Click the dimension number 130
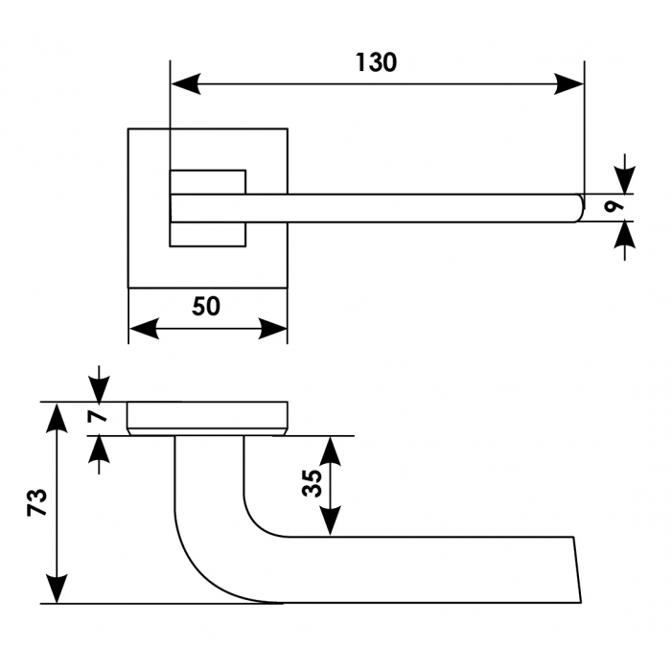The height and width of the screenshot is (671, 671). (x=375, y=63)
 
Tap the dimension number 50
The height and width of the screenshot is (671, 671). (x=206, y=307)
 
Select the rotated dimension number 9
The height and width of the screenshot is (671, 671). (x=617, y=203)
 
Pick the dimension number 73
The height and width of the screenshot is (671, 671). (x=36, y=502)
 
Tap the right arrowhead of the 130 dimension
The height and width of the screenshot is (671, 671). (x=569, y=84)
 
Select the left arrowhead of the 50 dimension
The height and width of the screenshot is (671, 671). (x=143, y=330)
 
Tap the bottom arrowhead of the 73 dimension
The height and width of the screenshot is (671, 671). (x=58, y=589)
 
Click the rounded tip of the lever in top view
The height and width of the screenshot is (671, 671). (x=577, y=208)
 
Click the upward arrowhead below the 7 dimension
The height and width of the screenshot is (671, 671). (x=98, y=450)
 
